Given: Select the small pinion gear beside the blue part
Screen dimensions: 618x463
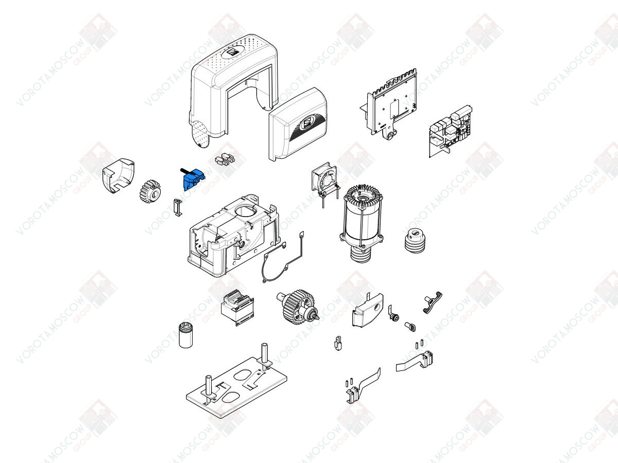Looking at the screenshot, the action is tap(150, 191).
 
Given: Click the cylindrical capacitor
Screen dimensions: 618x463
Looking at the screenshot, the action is tap(186, 335).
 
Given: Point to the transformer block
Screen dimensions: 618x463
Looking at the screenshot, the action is tap(237, 307).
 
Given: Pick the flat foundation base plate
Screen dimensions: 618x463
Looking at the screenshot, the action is tap(236, 387).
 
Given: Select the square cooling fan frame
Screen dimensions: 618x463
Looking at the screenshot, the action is tap(324, 179).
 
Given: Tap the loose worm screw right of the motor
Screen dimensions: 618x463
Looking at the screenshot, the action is tap(415, 240).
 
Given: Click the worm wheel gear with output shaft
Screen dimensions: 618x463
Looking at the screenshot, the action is tap(298, 307).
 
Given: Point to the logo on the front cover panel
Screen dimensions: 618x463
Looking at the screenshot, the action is tap(306, 123).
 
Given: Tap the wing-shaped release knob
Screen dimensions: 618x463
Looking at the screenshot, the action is tap(433, 302).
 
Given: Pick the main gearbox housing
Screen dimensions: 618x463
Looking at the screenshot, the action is tap(234, 236).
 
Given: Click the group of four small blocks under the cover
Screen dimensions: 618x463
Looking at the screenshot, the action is tap(225, 159).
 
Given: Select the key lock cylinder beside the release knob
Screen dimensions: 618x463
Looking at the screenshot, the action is tap(393, 314).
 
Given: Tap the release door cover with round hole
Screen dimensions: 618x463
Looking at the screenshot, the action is tap(368, 310).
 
